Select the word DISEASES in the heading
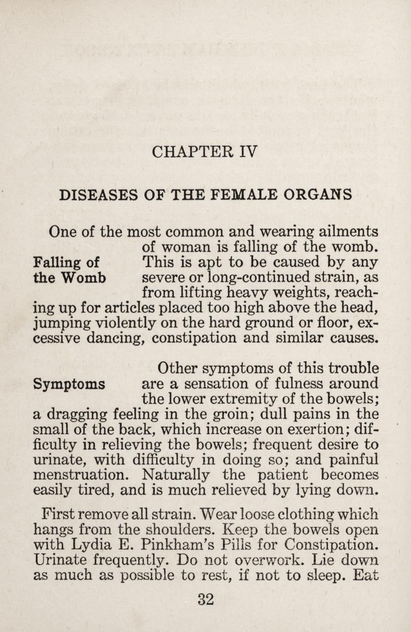pyautogui.click(x=98, y=195)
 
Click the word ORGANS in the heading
pyautogui.click(x=319, y=195)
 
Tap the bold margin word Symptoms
pyautogui.click(x=69, y=384)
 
